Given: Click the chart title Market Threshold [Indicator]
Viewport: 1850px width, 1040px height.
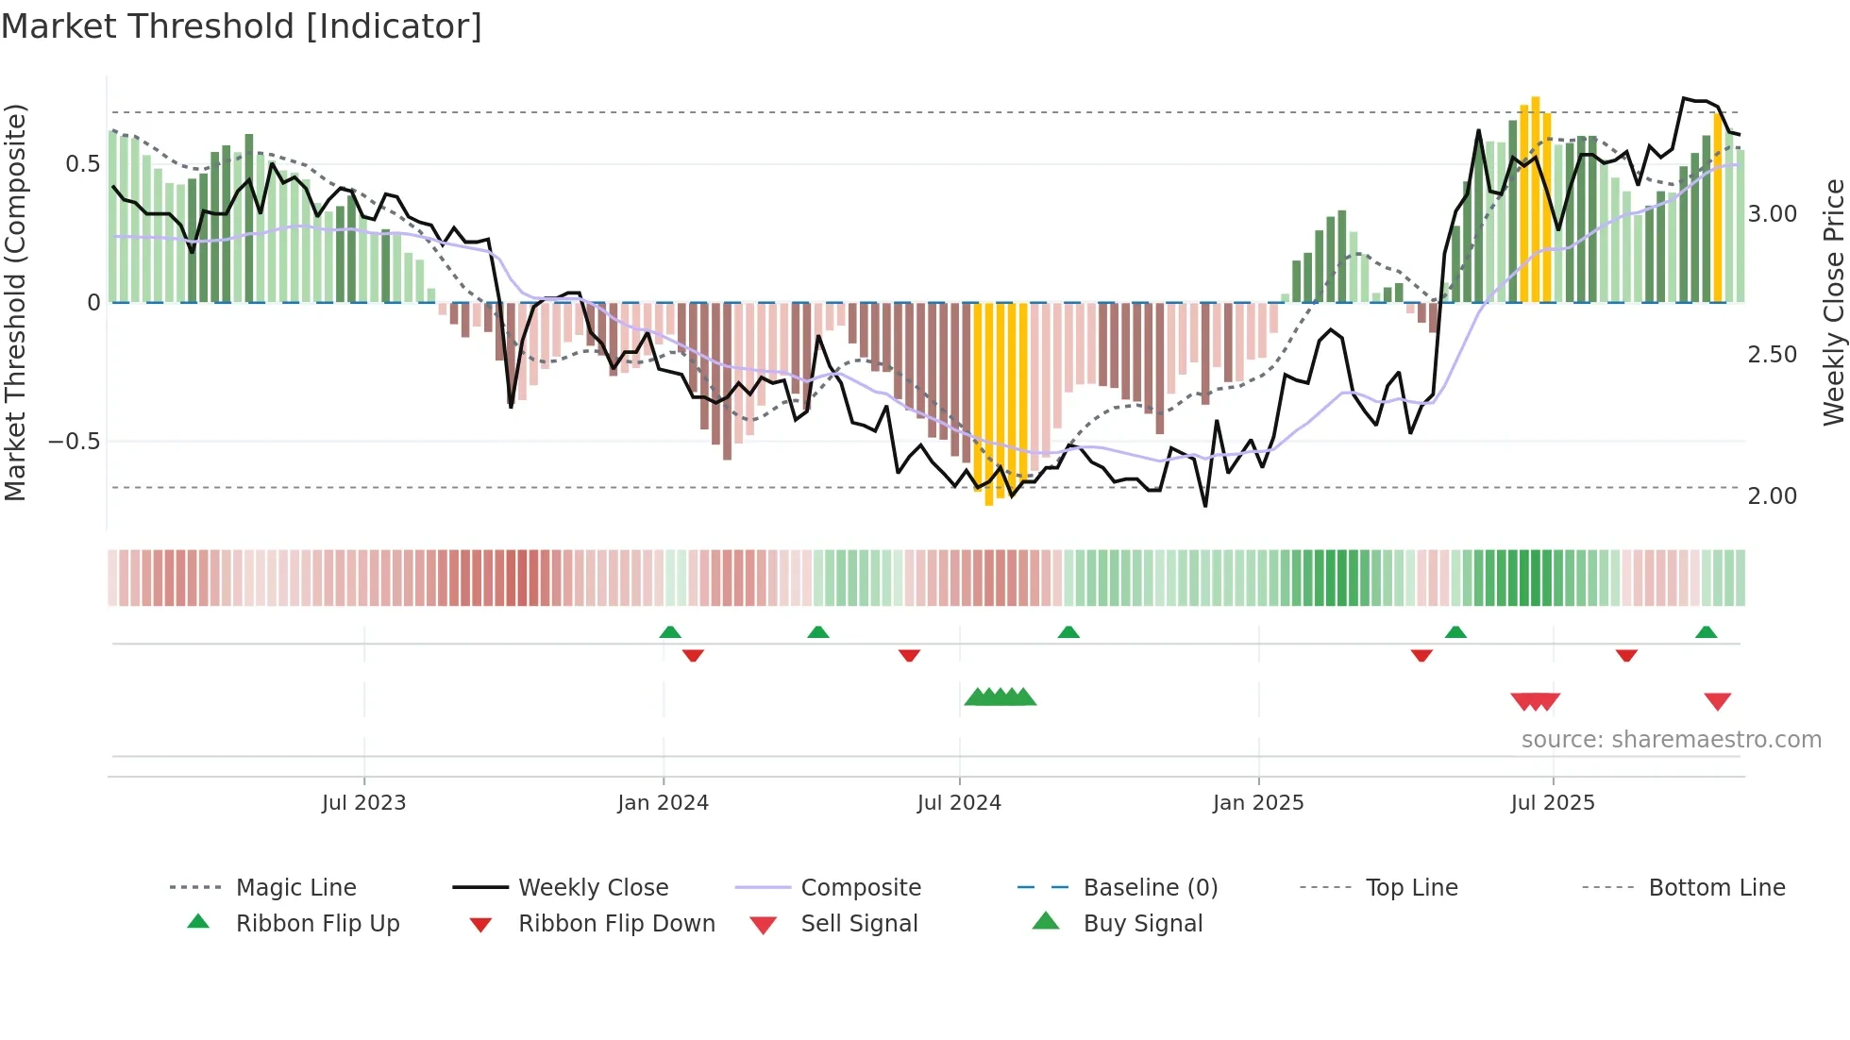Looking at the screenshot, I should (x=242, y=26).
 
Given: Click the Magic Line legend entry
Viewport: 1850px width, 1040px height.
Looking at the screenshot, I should (x=295, y=888).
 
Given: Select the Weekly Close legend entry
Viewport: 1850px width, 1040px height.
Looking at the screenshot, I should (x=593, y=888).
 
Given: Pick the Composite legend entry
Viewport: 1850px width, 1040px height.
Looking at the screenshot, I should (x=860, y=888).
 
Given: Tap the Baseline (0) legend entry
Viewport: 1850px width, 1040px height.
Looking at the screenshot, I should (x=1150, y=888).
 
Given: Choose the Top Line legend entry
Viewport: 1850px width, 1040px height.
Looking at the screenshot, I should (x=1411, y=888).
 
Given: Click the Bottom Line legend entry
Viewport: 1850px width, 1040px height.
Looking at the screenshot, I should (x=1716, y=888).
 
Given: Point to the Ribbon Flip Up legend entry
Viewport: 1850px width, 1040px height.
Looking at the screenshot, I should (x=317, y=924).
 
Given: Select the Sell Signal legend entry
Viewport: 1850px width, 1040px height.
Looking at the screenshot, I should (x=858, y=924).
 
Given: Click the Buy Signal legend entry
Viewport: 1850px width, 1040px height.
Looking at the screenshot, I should (x=1142, y=924).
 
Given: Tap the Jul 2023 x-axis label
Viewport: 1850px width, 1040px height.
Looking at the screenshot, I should (x=363, y=803).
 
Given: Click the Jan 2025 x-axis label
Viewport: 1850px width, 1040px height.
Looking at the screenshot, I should (x=1257, y=803).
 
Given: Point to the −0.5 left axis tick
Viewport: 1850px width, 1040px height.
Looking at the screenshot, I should (x=75, y=442).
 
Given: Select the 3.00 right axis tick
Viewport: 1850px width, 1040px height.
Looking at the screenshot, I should (x=1772, y=214).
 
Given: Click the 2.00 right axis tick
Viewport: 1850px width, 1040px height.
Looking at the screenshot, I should (x=1772, y=496).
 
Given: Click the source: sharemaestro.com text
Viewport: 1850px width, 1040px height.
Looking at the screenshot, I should (x=1671, y=740).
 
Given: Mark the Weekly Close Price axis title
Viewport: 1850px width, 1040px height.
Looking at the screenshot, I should (x=1833, y=302).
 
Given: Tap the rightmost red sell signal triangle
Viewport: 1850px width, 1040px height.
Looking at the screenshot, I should (x=1717, y=701).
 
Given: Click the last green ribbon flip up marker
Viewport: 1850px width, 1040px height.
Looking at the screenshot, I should (x=1706, y=632).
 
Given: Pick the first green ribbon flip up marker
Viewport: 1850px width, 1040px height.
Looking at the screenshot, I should (x=670, y=632).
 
